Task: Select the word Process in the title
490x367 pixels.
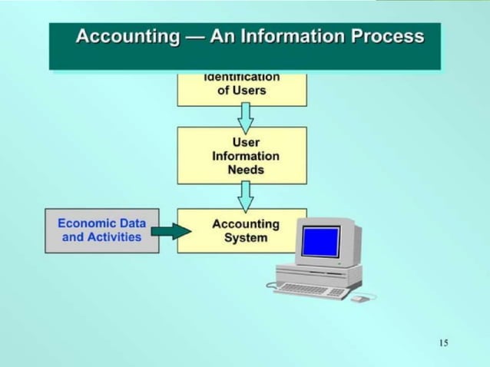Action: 389,36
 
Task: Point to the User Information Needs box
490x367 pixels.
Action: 242,155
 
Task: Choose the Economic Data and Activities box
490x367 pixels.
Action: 102,230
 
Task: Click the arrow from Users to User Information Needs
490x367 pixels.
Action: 245,117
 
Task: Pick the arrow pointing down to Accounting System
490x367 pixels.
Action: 245,197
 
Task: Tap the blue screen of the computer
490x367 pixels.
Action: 320,241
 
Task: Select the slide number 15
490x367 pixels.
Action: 443,342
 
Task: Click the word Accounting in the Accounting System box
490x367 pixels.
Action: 246,224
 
